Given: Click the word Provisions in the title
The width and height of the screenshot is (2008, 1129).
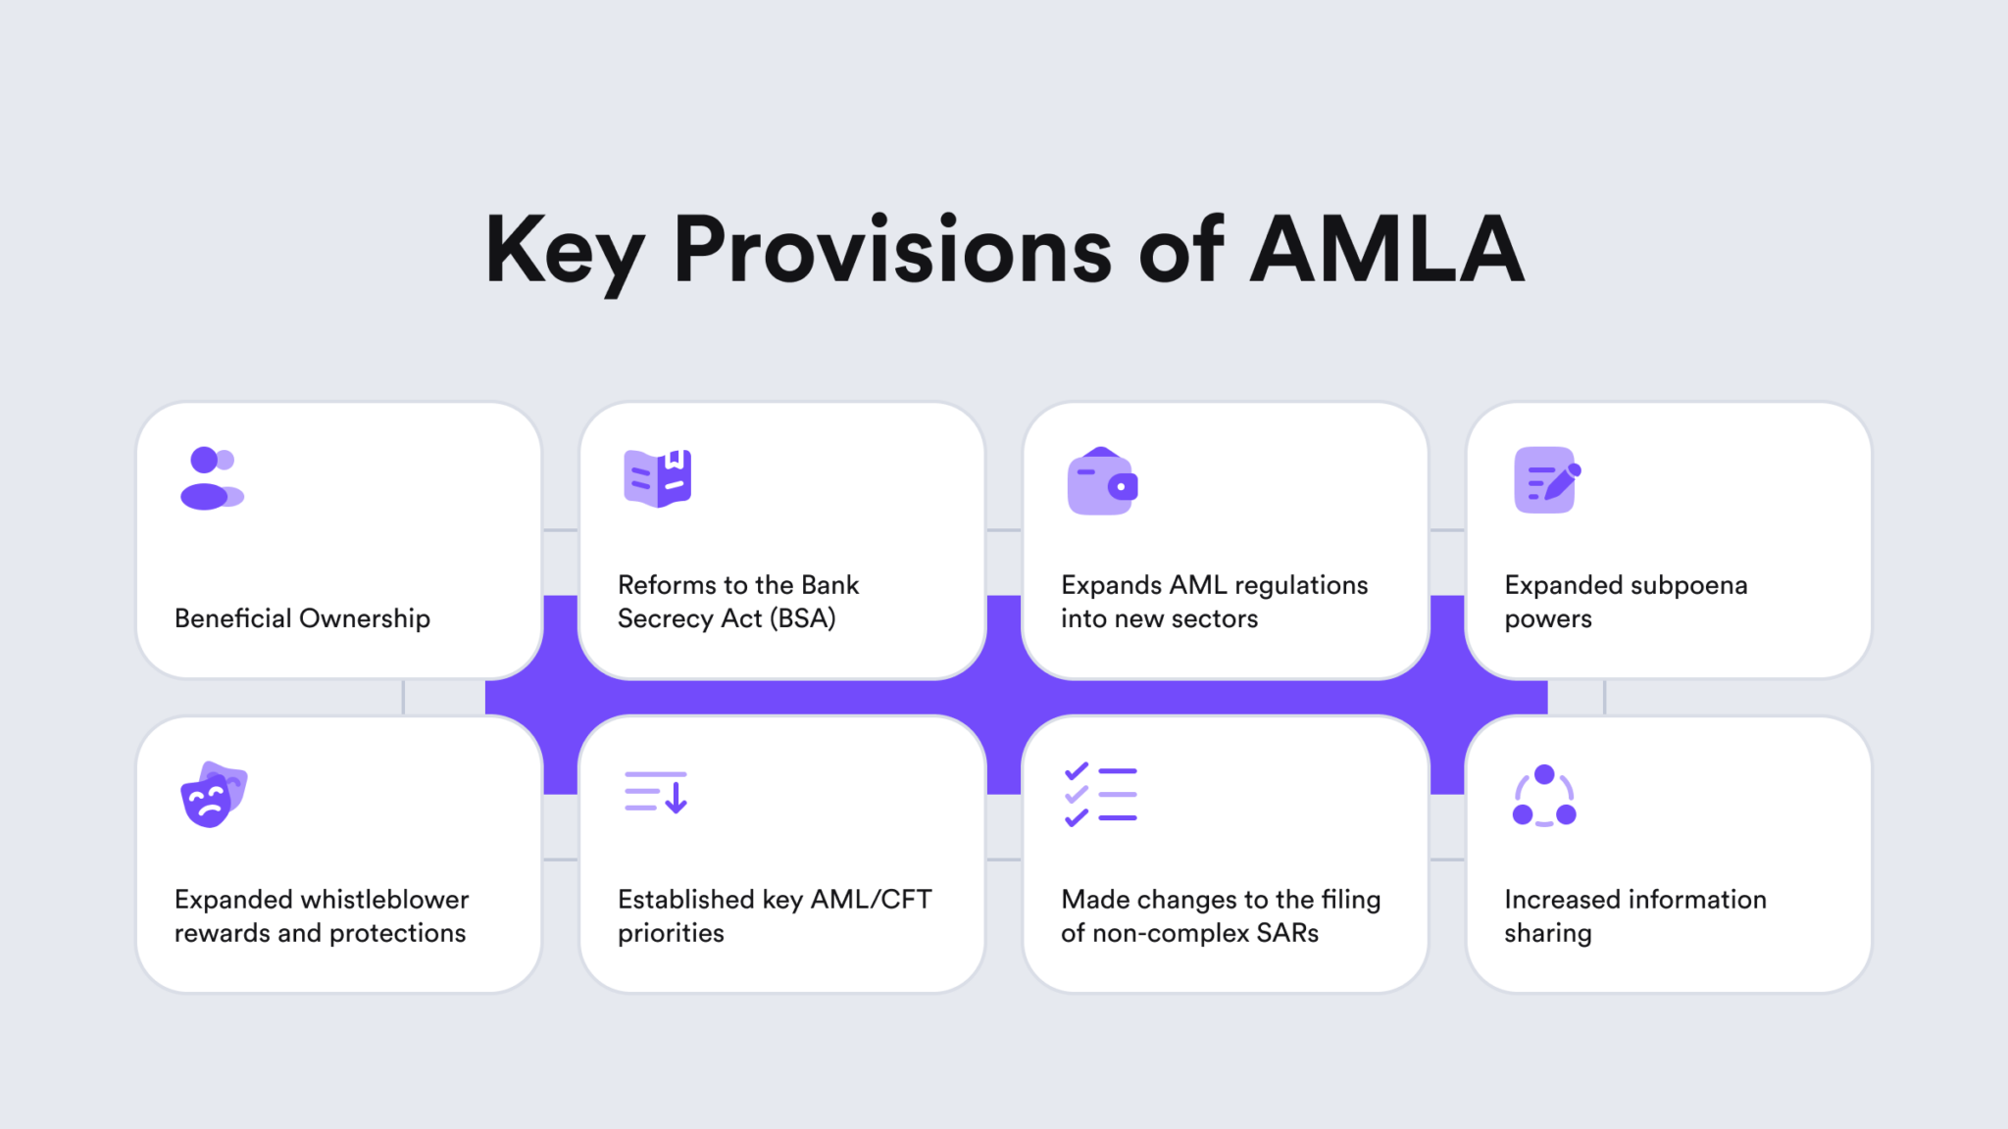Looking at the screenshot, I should tap(892, 250).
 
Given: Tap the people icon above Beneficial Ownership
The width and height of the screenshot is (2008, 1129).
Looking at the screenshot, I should tap(211, 478).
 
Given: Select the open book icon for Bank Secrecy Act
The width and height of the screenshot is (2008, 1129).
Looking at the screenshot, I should tap(657, 478).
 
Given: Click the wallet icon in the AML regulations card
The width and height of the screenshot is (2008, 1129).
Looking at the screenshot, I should tap(1102, 481).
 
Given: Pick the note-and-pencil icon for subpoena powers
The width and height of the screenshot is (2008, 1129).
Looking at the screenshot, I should tap(1546, 480).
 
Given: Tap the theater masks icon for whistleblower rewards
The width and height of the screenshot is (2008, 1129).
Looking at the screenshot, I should tap(214, 794).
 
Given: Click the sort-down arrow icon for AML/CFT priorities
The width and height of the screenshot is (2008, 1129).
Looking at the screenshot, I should tap(656, 792).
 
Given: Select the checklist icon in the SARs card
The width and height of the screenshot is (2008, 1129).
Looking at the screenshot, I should tap(1101, 794).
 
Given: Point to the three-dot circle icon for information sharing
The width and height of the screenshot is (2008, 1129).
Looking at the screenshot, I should tap(1544, 795).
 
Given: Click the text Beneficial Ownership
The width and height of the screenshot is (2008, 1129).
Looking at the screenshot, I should tap(302, 618).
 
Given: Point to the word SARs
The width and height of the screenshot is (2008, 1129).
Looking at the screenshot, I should tap(1286, 933).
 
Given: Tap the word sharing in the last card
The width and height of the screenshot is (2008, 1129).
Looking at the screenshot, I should tap(1547, 933).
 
